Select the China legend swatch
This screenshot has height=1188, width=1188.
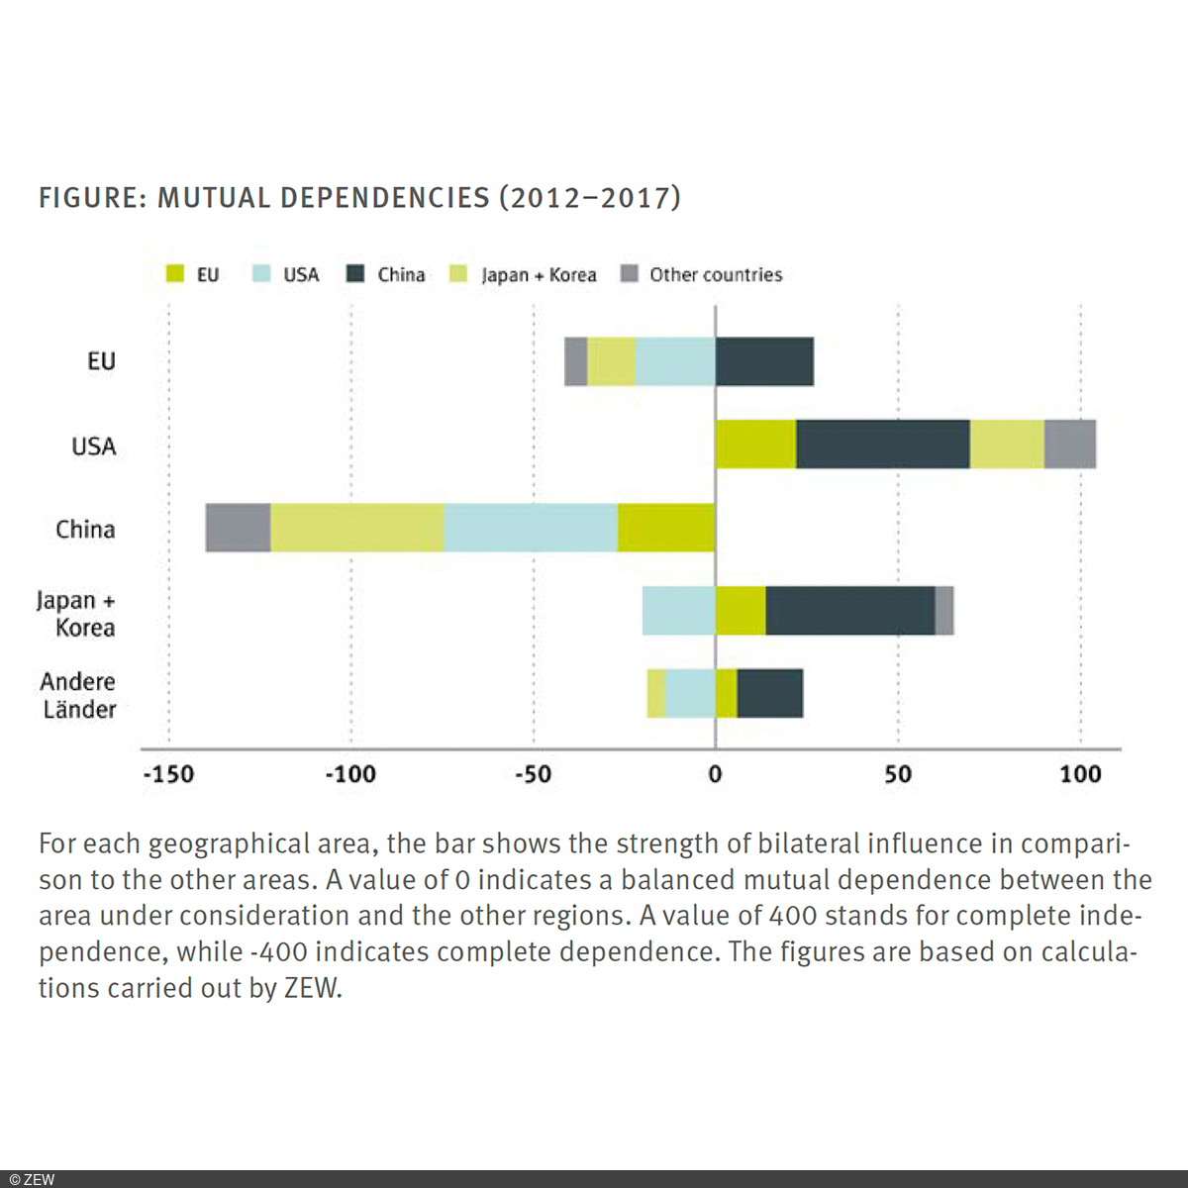point(355,274)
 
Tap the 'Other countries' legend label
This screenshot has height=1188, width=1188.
point(715,275)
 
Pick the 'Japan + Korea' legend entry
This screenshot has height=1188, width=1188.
point(538,275)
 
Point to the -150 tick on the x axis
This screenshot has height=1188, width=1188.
point(168,774)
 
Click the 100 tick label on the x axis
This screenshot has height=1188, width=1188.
point(1080,774)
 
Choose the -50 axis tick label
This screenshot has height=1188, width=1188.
point(533,774)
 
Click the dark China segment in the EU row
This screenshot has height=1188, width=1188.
point(764,361)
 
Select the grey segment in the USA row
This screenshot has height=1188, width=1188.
point(1070,445)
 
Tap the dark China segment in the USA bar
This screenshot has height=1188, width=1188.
point(882,445)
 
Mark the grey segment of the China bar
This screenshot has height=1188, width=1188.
point(238,528)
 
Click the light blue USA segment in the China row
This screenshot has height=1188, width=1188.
point(531,528)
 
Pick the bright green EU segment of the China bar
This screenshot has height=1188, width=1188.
point(666,528)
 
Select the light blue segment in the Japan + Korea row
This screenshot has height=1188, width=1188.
point(678,611)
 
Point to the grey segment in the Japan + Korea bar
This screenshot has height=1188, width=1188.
point(944,611)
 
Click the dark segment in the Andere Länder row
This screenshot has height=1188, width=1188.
point(770,693)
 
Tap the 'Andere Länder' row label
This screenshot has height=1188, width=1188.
point(78,695)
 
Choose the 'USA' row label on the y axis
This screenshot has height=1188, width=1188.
point(94,446)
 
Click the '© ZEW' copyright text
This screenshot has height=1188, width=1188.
point(32,1179)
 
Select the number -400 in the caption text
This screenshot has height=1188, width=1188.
point(278,952)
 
